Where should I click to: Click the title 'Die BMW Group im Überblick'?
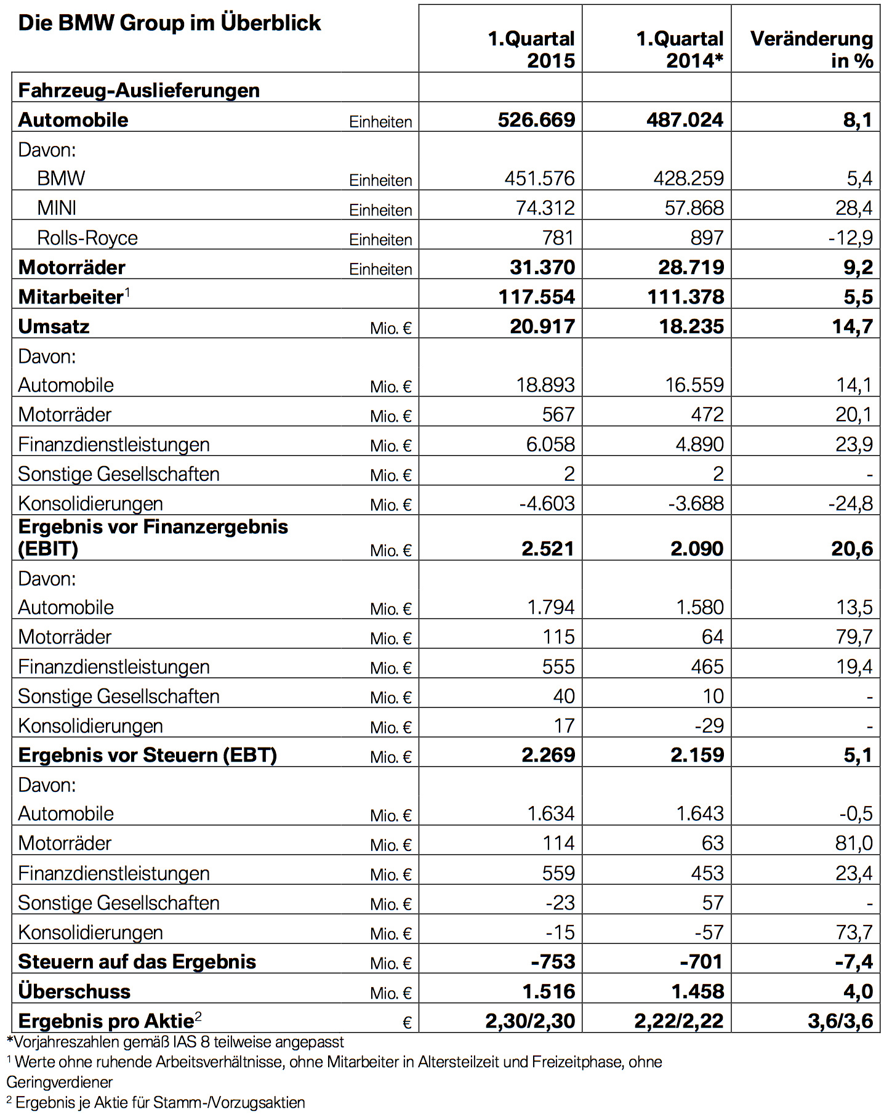169,23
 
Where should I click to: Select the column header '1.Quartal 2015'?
531,49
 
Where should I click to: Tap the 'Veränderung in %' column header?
811,49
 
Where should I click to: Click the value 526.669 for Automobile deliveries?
536,119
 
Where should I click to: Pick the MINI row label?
57,208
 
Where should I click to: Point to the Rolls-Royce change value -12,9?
850,238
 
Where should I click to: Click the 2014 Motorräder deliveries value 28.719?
685,267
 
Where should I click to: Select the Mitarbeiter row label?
71,297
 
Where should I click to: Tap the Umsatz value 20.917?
542,326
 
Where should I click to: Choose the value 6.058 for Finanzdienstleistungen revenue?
550,445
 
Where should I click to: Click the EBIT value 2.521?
547,549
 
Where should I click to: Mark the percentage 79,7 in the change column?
854,637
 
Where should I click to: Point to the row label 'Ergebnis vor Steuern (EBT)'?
147,755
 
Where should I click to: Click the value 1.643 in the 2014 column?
699,814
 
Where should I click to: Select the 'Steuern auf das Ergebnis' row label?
137,962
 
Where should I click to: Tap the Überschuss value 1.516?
548,991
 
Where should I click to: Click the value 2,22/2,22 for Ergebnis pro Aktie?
679,1021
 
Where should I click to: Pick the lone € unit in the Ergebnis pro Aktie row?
406,1023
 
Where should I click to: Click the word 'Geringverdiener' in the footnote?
60,1082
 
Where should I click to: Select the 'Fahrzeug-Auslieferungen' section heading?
139,91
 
